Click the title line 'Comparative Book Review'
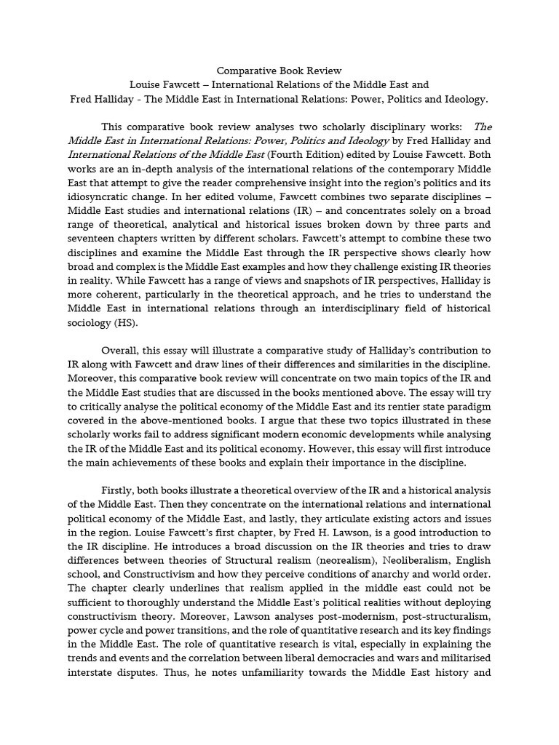pos(279,71)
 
